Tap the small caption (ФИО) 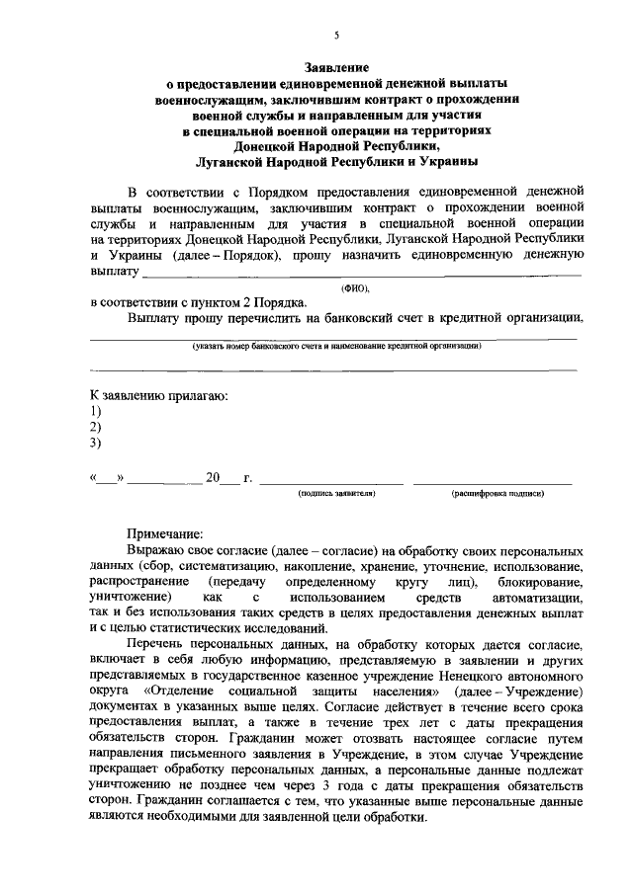(x=354, y=287)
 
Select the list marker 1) (x=96, y=411)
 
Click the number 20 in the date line (x=212, y=478)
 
